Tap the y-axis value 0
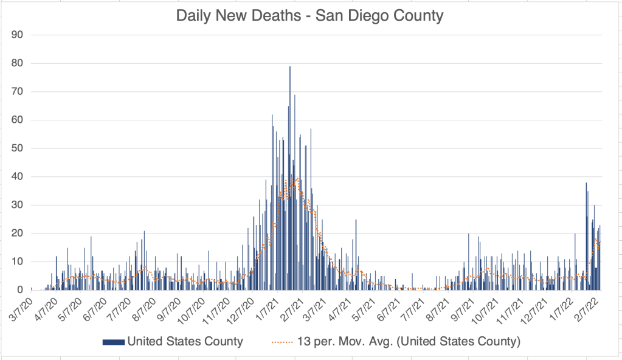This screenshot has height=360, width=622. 19,290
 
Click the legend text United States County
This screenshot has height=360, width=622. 185,342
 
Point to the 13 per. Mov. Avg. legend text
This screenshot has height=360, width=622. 407,342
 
